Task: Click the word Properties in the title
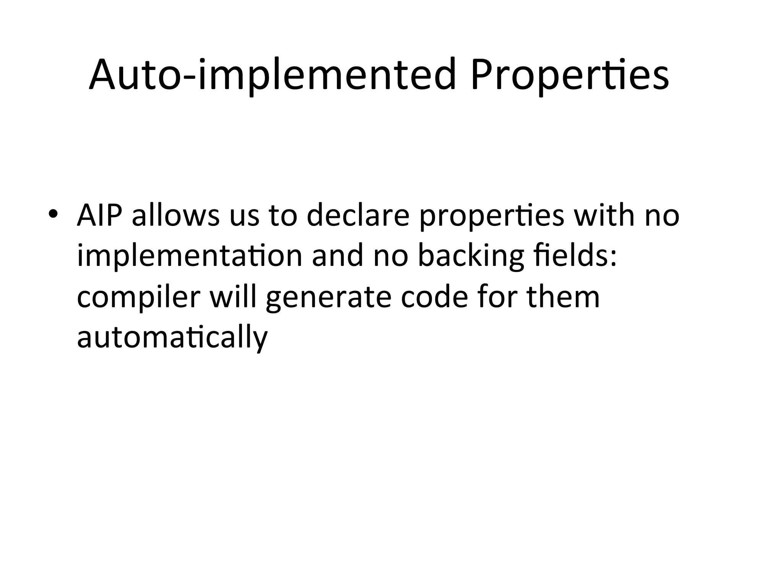[x=570, y=75]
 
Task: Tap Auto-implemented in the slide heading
[x=273, y=75]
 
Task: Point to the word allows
[x=176, y=216]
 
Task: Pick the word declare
[x=358, y=216]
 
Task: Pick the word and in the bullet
[x=338, y=256]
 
